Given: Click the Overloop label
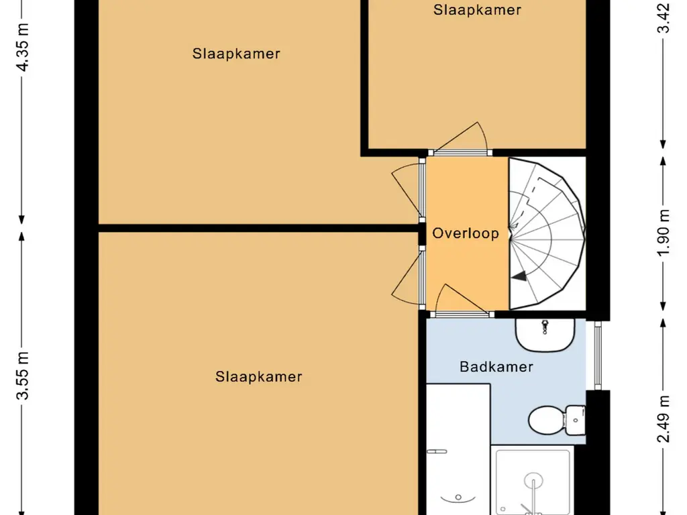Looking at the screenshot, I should click(x=465, y=233).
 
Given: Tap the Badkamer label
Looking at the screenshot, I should click(x=496, y=367).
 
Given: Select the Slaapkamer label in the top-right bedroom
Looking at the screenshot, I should click(x=477, y=9).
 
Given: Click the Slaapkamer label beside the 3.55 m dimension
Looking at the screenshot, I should click(x=258, y=377).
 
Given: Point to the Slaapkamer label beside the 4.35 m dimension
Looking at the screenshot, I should click(x=235, y=54).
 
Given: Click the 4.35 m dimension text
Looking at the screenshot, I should click(x=23, y=48).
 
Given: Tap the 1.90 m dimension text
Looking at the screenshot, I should click(x=664, y=233).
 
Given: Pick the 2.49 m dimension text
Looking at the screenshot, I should click(x=664, y=419).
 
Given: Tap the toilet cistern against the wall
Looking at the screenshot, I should click(x=576, y=419).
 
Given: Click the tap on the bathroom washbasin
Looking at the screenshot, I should click(x=545, y=326).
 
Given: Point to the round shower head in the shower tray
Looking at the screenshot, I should click(x=533, y=481).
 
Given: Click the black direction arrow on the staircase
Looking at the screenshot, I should click(x=520, y=274).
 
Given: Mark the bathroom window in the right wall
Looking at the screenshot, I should click(x=598, y=355).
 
